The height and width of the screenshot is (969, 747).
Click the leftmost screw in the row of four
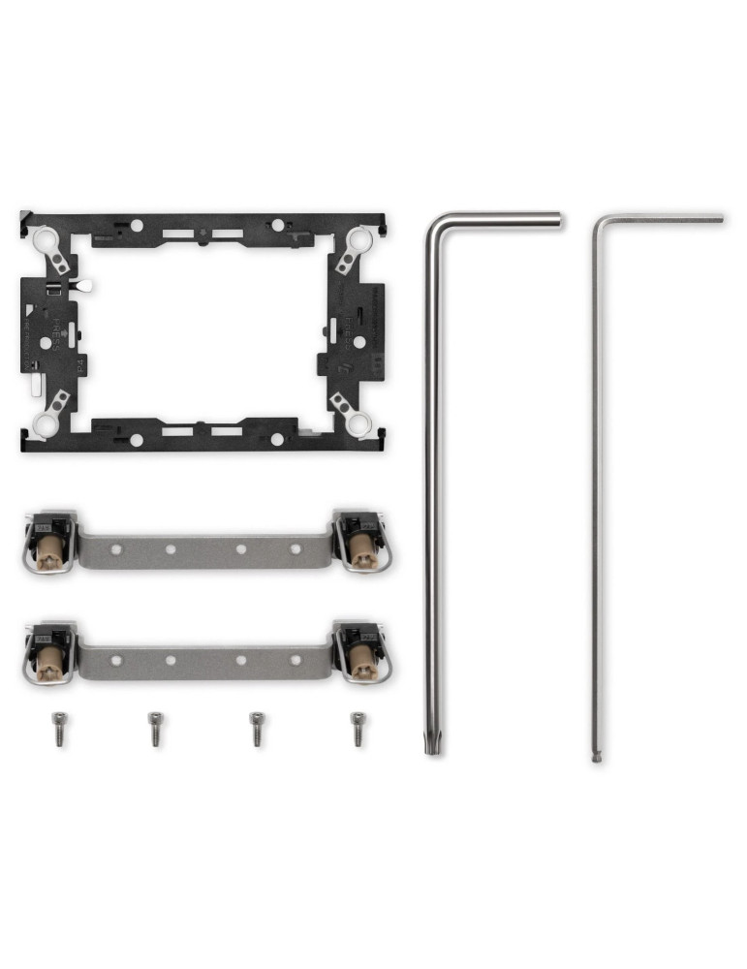point(59,728)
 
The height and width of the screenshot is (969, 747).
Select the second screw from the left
point(155,728)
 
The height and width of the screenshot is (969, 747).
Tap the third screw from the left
point(256,728)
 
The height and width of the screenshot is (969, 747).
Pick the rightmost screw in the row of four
point(358,728)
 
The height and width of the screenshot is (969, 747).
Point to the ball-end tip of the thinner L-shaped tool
point(596,758)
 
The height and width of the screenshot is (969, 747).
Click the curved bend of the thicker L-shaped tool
point(436,225)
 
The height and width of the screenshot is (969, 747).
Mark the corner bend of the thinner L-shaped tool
point(598,220)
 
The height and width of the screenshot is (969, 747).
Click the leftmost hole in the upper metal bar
point(116,549)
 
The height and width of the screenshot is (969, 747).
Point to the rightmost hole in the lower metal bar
point(296,661)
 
